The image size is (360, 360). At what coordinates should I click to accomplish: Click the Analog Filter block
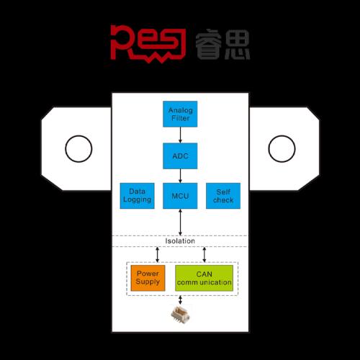[180, 114]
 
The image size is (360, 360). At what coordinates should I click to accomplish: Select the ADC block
[180, 156]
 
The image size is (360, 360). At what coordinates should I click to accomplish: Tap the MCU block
[180, 196]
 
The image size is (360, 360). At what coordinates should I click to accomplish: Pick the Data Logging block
[137, 196]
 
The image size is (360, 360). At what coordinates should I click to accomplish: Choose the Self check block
[223, 196]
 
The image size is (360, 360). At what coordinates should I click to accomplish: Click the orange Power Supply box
[148, 278]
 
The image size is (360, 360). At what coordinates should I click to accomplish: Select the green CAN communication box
[204, 278]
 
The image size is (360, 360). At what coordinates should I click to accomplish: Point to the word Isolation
[180, 241]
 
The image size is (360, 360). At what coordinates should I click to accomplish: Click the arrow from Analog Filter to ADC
[180, 135]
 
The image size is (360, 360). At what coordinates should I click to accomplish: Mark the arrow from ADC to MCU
[180, 176]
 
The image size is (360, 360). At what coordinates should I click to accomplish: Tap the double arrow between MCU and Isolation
[180, 222]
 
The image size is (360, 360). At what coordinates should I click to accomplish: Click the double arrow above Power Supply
[157, 255]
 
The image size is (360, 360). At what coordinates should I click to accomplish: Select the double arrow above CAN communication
[204, 255]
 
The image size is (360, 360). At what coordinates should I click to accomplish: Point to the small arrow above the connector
[180, 300]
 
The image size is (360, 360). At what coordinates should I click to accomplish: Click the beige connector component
[180, 315]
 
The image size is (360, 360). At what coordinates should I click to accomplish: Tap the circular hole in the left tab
[66, 149]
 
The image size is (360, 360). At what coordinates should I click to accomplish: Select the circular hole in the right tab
[269, 149]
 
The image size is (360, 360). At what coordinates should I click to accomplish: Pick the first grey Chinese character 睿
[208, 44]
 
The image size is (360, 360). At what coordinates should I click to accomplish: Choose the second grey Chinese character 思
[238, 44]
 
